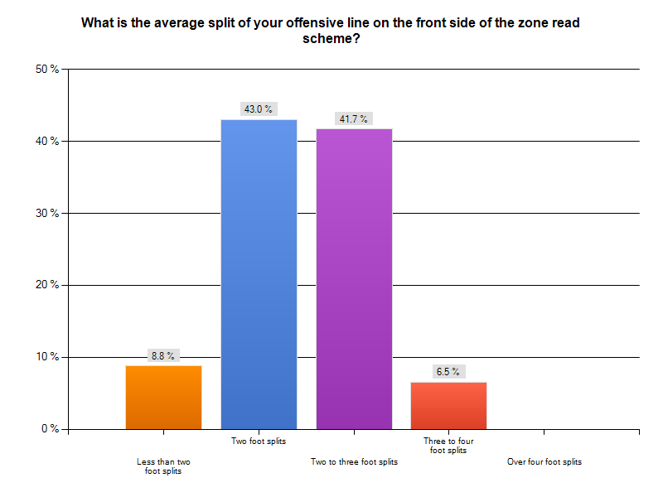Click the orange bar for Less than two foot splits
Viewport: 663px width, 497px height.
click(163, 397)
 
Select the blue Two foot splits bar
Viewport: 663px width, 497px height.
click(259, 274)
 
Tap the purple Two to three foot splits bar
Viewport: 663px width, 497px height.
click(354, 278)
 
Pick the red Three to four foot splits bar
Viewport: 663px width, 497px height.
click(448, 405)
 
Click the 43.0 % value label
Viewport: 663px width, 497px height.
click(259, 109)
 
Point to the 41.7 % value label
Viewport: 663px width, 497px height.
click(354, 119)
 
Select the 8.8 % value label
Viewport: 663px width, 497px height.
click(163, 355)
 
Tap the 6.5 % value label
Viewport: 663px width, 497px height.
click(448, 372)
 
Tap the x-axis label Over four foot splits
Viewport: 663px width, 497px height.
click(544, 461)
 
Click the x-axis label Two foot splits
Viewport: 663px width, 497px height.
click(259, 441)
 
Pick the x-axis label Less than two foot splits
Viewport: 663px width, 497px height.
click(163, 466)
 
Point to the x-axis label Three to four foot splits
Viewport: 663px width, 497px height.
click(448, 446)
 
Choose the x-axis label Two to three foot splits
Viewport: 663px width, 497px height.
click(354, 461)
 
